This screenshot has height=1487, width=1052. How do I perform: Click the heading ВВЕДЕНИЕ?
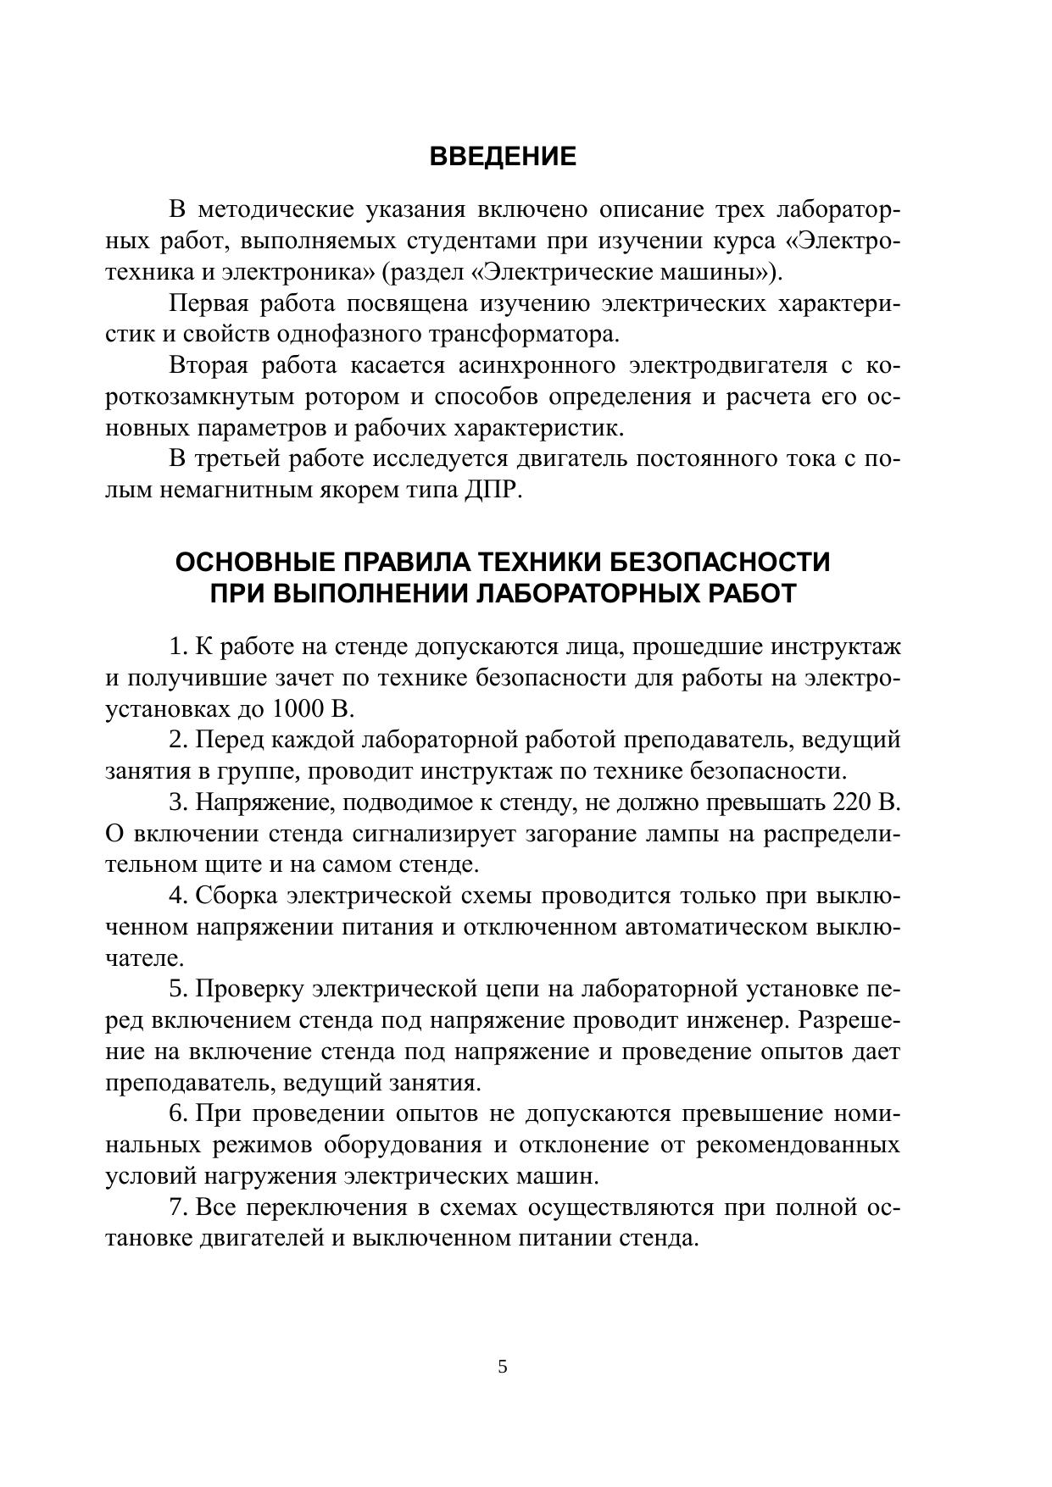[x=503, y=157]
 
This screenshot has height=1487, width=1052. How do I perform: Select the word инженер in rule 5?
[x=743, y=1020]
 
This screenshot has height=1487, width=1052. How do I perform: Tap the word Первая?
[x=209, y=303]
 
